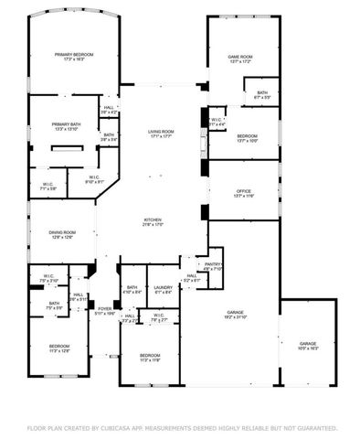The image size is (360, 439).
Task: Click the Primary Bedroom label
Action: [74, 55]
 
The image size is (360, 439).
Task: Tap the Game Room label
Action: [239, 57]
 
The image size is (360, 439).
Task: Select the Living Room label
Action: [162, 132]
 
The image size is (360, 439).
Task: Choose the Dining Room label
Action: [62, 232]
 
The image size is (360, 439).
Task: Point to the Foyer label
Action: [105, 308]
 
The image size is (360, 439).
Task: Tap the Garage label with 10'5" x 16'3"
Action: [306, 343]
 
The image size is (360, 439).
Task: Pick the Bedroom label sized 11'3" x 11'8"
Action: [150, 354]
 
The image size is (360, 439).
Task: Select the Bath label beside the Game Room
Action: [262, 91]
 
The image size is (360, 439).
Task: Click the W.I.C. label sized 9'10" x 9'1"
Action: [94, 177]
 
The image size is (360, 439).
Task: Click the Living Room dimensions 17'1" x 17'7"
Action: [162, 137]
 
